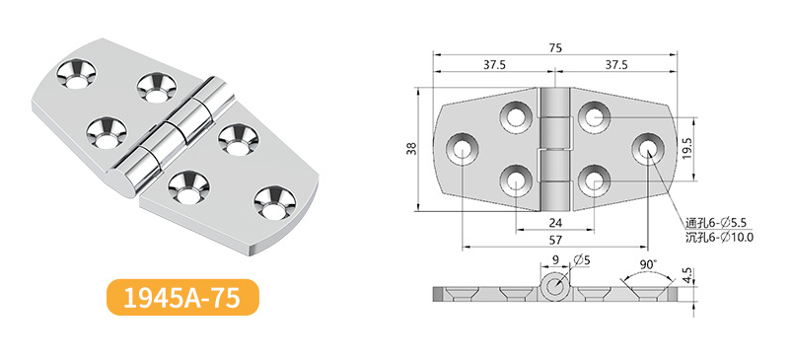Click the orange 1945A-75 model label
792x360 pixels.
pos(182,298)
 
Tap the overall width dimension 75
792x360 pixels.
pos(555,48)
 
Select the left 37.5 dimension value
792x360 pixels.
pos(494,64)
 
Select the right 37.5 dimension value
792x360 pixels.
pos(615,64)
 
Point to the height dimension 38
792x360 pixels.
pos(412,150)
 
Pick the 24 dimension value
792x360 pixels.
pos(555,222)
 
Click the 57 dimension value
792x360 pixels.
pos(555,240)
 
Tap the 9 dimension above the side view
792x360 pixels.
pos(555,260)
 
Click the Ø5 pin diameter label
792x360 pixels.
pos(582,260)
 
